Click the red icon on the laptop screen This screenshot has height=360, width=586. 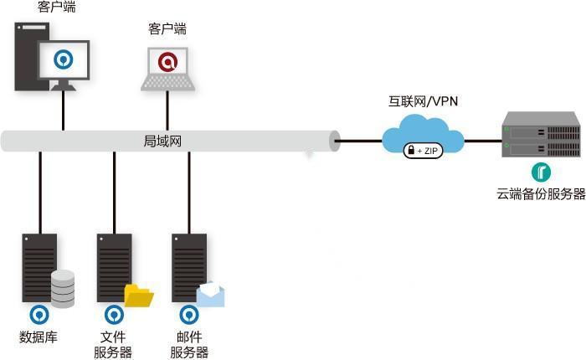click(x=167, y=61)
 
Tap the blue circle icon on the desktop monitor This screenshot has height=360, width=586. click(x=63, y=59)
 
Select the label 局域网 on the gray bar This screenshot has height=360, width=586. click(x=162, y=141)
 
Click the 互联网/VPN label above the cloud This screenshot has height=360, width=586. click(x=423, y=101)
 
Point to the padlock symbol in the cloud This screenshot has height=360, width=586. click(x=411, y=150)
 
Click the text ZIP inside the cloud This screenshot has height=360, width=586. click(x=431, y=151)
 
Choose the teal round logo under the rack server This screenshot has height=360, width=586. click(x=541, y=172)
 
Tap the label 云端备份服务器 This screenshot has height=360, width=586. click(x=541, y=194)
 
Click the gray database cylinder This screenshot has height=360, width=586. click(x=63, y=289)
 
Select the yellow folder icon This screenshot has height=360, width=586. click(x=139, y=296)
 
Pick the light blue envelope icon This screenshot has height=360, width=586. click(x=211, y=295)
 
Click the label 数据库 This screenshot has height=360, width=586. click(x=39, y=337)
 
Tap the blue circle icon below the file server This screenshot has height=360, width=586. click(x=115, y=315)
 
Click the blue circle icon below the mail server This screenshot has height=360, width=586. click(x=189, y=315)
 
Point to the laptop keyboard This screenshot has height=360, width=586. click(x=167, y=82)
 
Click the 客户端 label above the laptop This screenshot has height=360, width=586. click(x=167, y=28)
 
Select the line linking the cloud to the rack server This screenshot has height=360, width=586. click(x=483, y=141)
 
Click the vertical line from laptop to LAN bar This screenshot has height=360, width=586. click(x=167, y=111)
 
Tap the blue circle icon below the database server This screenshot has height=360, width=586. click(x=39, y=315)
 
